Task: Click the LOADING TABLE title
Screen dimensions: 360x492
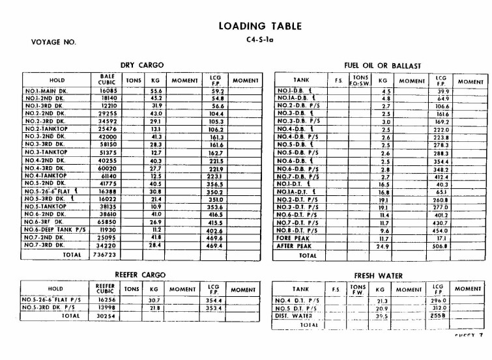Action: tap(260, 26)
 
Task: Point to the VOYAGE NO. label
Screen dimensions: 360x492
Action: tap(53, 42)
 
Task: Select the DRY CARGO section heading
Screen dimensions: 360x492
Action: tap(142, 65)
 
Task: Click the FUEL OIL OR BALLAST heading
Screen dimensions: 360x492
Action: tap(383, 66)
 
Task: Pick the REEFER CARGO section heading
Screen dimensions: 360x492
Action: tap(141, 275)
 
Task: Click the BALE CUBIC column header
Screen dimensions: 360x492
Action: tap(103, 79)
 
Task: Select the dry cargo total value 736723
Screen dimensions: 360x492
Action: tap(103, 255)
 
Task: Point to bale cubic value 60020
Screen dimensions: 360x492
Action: tap(103, 169)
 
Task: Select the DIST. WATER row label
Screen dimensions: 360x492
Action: tap(294, 316)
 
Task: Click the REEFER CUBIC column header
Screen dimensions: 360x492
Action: tap(105, 288)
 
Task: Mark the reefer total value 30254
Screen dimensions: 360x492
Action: tap(105, 316)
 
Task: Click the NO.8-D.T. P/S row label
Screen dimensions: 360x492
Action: tap(298, 230)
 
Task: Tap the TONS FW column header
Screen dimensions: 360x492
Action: tap(357, 288)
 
